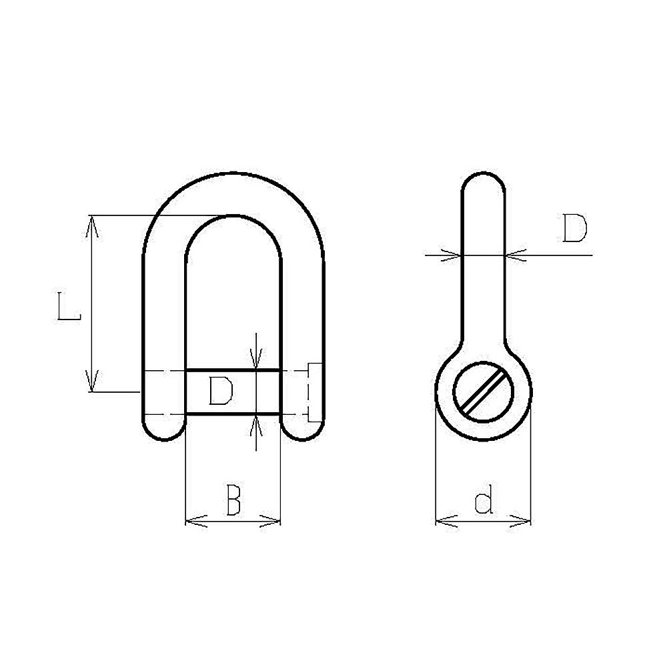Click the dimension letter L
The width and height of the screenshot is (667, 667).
click(69, 306)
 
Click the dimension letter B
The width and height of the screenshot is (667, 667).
click(233, 500)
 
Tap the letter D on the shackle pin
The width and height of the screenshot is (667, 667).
click(221, 391)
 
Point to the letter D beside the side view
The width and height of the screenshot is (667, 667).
click(574, 228)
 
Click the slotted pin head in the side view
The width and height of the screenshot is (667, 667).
click(483, 392)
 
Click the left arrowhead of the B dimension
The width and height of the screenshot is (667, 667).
click(197, 521)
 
